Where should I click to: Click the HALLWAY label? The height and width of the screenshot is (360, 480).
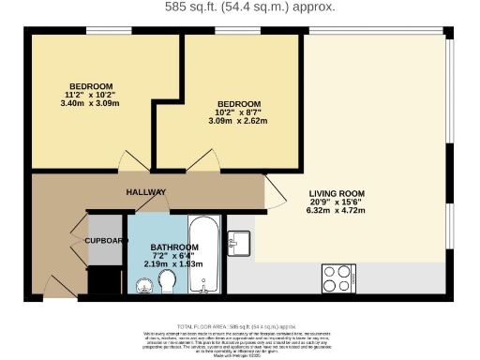point(146,191)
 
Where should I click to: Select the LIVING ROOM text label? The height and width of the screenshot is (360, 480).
point(337,194)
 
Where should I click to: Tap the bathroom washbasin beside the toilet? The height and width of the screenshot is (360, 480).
point(142,283)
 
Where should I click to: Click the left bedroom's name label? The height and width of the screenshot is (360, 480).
point(90,86)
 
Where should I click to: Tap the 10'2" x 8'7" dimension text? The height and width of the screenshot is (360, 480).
point(238,112)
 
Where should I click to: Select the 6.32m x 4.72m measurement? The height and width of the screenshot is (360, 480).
point(337,211)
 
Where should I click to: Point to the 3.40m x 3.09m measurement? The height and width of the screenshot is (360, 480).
point(90,103)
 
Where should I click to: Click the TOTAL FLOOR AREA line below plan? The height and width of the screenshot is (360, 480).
point(238,323)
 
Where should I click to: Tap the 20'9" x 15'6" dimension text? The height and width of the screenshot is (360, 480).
point(337,202)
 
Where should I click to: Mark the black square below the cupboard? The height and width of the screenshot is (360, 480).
point(105,279)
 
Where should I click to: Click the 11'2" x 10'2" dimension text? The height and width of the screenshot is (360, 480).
point(90,95)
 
